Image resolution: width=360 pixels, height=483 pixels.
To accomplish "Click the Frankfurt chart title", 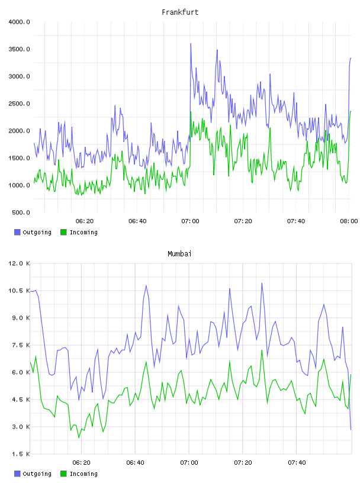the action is coord(180,12).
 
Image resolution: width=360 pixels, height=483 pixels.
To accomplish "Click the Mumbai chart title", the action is coord(179,254).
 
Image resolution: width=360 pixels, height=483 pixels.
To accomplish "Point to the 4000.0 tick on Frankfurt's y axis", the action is coord(19,22).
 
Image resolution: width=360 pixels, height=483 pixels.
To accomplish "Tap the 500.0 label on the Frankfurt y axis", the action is coord(21,212).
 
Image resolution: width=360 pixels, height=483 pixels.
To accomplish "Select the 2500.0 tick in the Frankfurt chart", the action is coord(19,104).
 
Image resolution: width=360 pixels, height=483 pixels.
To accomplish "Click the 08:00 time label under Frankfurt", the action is coord(349,221).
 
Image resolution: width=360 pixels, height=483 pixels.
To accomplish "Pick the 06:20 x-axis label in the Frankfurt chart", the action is coord(85,221).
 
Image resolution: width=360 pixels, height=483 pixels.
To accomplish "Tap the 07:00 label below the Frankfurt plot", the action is coord(190,221).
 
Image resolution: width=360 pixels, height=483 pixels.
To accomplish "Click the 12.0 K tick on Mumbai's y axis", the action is coord(19,263).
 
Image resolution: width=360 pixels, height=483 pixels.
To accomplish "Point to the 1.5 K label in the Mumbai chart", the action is coord(21,454).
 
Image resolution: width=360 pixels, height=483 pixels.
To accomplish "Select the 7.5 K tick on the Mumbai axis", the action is coord(21,345).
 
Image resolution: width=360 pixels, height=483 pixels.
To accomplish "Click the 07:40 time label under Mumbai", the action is coord(297,463).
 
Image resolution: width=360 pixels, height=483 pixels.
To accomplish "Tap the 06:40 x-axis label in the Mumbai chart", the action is coord(135,463).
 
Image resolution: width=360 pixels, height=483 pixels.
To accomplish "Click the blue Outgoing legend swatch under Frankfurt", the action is coord(17,232).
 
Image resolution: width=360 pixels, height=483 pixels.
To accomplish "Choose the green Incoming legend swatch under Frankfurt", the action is coord(63,232).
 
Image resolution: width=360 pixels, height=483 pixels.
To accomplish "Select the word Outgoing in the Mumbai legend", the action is coord(37,474).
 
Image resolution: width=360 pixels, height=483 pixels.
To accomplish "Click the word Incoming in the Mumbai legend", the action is coord(83,474).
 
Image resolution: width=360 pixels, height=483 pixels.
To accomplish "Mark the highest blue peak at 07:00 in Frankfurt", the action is coord(191,44).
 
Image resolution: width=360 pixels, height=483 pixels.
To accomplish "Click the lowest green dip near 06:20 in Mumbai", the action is coord(79,437).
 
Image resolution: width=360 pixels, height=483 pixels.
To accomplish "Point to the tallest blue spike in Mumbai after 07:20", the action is coord(262,283).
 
